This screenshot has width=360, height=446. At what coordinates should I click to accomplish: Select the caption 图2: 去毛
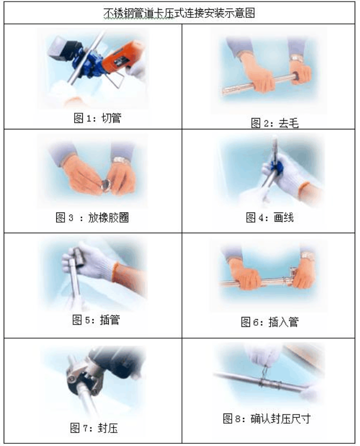click(274, 124)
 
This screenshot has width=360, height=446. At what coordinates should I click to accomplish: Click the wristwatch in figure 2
click(296, 58)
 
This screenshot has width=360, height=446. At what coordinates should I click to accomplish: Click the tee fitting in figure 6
click(292, 280)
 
